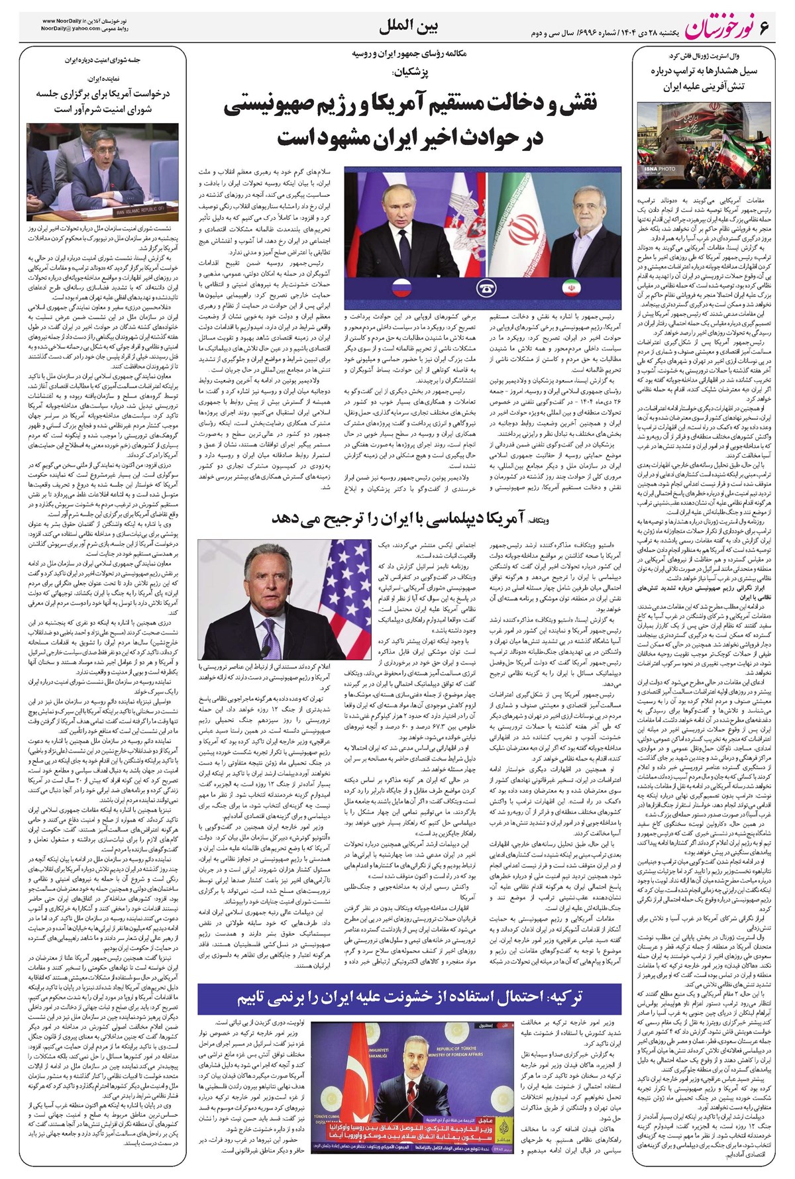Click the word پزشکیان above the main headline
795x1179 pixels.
pyautogui.click(x=409, y=70)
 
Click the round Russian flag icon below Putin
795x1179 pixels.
pyautogui.click(x=401, y=289)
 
